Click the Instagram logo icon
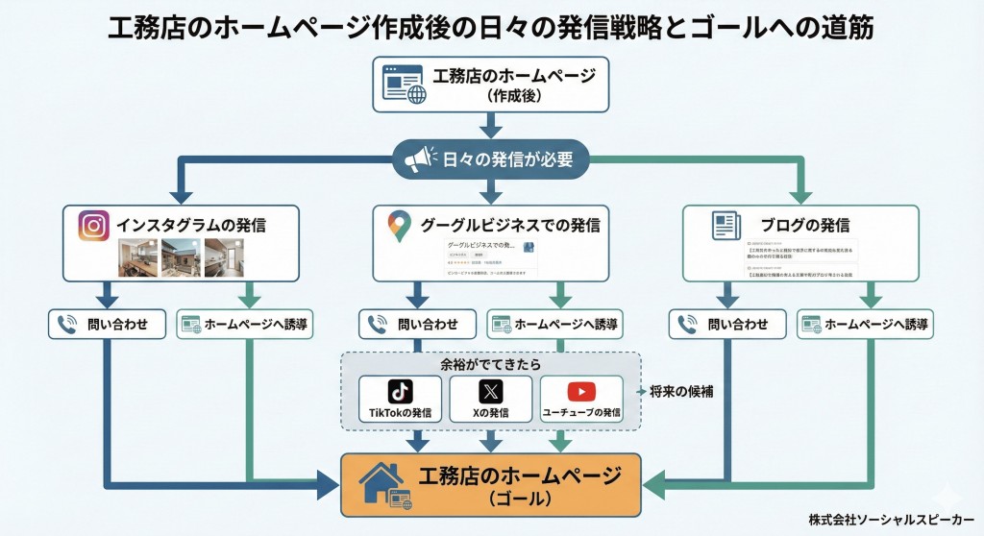pyautogui.click(x=93, y=226)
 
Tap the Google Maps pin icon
pyautogui.click(x=399, y=226)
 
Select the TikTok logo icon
pyautogui.click(x=400, y=392)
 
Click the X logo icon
pyautogui.click(x=490, y=392)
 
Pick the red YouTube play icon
pyautogui.click(x=580, y=392)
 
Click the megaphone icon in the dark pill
pyautogui.click(x=419, y=159)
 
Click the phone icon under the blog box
pyautogui.click(x=688, y=325)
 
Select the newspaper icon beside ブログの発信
pyautogui.click(x=726, y=226)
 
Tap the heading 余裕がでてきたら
pyautogui.click(x=490, y=365)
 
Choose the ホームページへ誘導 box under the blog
pyautogui.click(x=865, y=325)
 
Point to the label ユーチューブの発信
pyautogui.click(x=580, y=413)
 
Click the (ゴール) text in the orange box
pyautogui.click(x=518, y=499)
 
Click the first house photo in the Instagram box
pyautogui.click(x=137, y=256)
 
